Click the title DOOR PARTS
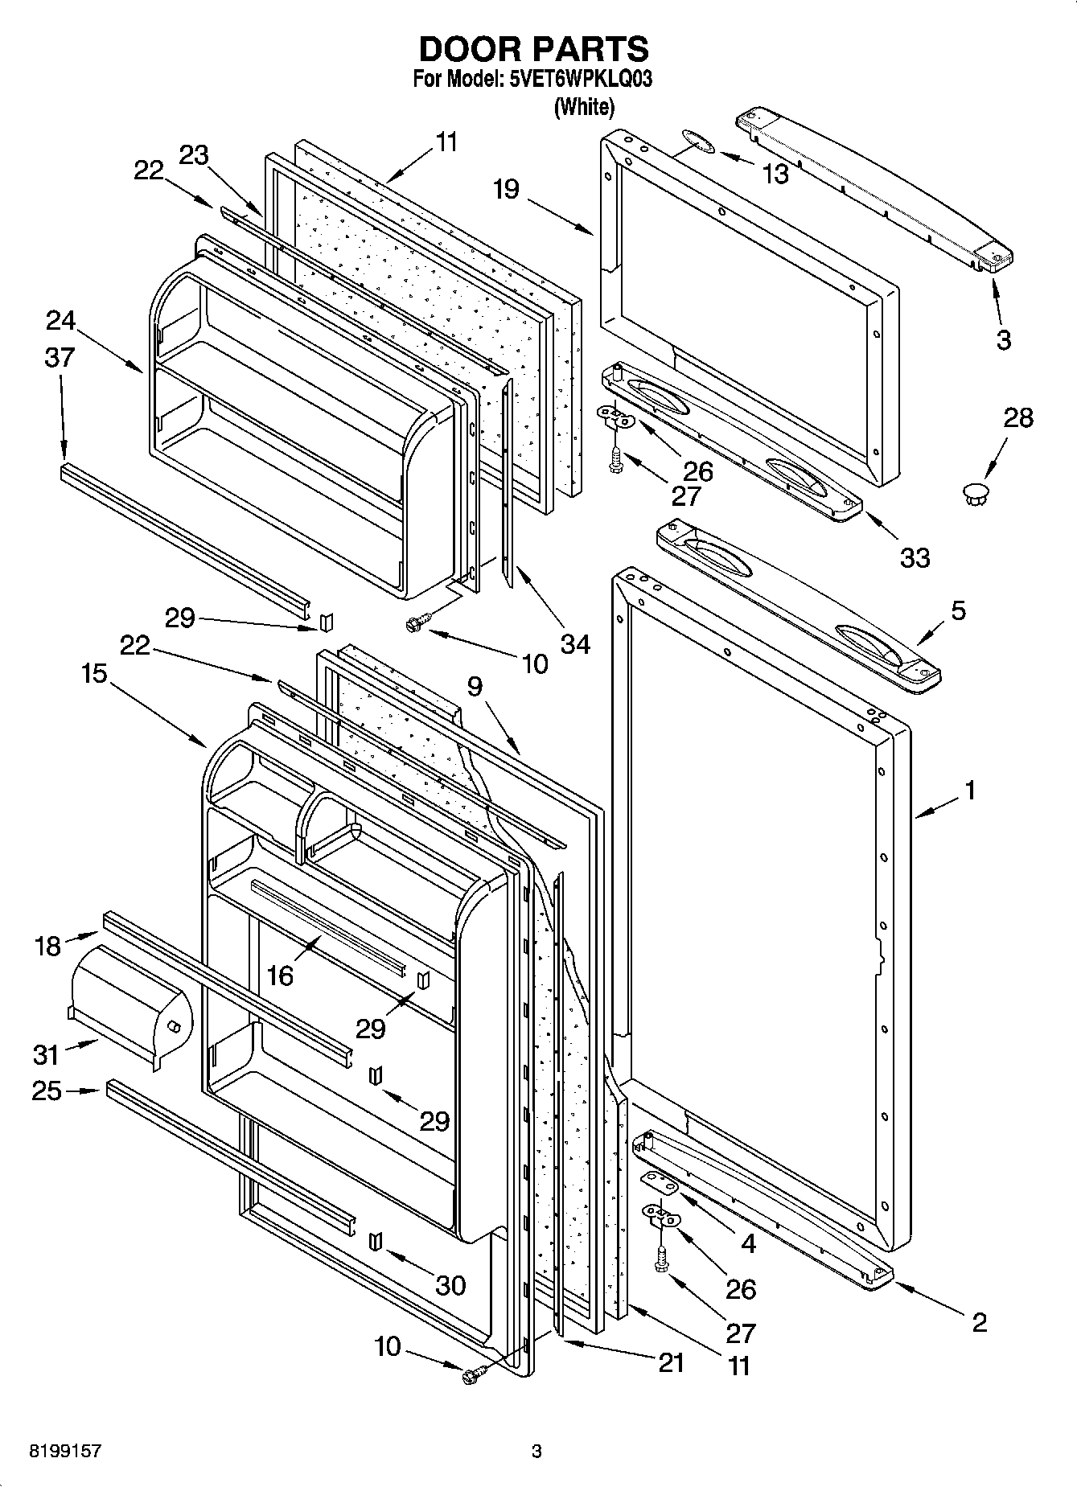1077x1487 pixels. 534,50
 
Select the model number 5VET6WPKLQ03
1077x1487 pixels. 580,80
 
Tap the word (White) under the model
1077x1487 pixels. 584,107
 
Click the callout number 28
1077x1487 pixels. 1017,418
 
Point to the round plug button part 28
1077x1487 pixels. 976,492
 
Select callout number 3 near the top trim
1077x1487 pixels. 1003,339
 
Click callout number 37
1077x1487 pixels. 60,357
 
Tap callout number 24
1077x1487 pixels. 60,321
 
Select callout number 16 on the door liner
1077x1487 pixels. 280,976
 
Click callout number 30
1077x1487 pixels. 450,1285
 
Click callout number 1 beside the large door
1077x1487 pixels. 970,791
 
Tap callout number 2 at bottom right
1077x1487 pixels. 979,1322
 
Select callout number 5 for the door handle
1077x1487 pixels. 958,610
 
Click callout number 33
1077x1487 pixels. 915,557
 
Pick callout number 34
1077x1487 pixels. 576,643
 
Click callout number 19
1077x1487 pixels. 506,190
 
